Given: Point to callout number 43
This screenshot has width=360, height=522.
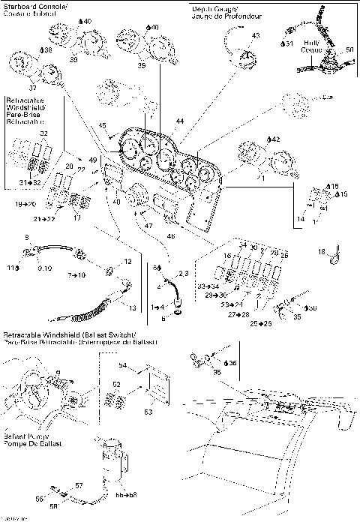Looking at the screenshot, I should tap(256, 36).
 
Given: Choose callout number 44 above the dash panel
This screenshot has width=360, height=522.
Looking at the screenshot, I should tap(179, 121).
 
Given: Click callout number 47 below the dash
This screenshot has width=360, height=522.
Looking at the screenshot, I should tap(149, 225).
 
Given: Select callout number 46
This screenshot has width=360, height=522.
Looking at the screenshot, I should tap(171, 235).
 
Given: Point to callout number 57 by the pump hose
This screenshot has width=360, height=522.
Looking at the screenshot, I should tap(79, 486).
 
